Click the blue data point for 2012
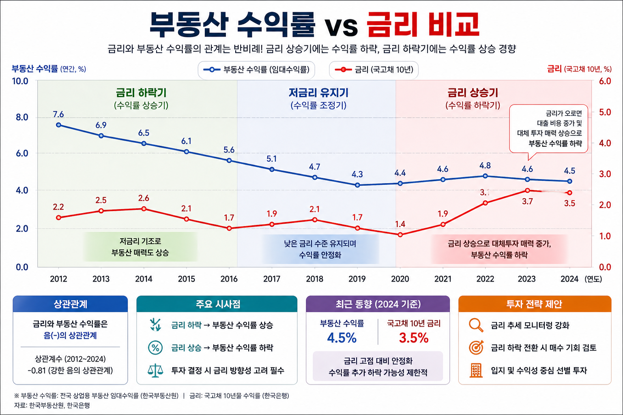click(x=58, y=125)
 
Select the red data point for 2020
click(x=400, y=235)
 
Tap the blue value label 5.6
click(x=229, y=150)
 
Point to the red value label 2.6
click(x=144, y=198)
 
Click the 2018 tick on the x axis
click(x=314, y=279)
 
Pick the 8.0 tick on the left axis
click(x=22, y=118)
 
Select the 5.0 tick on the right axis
click(x=605, y=112)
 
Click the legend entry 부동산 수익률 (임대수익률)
click(x=256, y=70)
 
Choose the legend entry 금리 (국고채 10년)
click(x=374, y=70)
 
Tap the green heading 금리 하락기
click(x=141, y=93)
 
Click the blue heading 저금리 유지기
click(x=318, y=93)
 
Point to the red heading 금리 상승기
click(x=473, y=93)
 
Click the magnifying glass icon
click(x=476, y=325)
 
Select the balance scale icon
click(x=155, y=370)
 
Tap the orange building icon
click(x=476, y=370)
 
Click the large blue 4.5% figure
click(x=342, y=338)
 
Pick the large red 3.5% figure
click(x=414, y=338)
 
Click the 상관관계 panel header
click(x=70, y=304)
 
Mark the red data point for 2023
click(x=527, y=190)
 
